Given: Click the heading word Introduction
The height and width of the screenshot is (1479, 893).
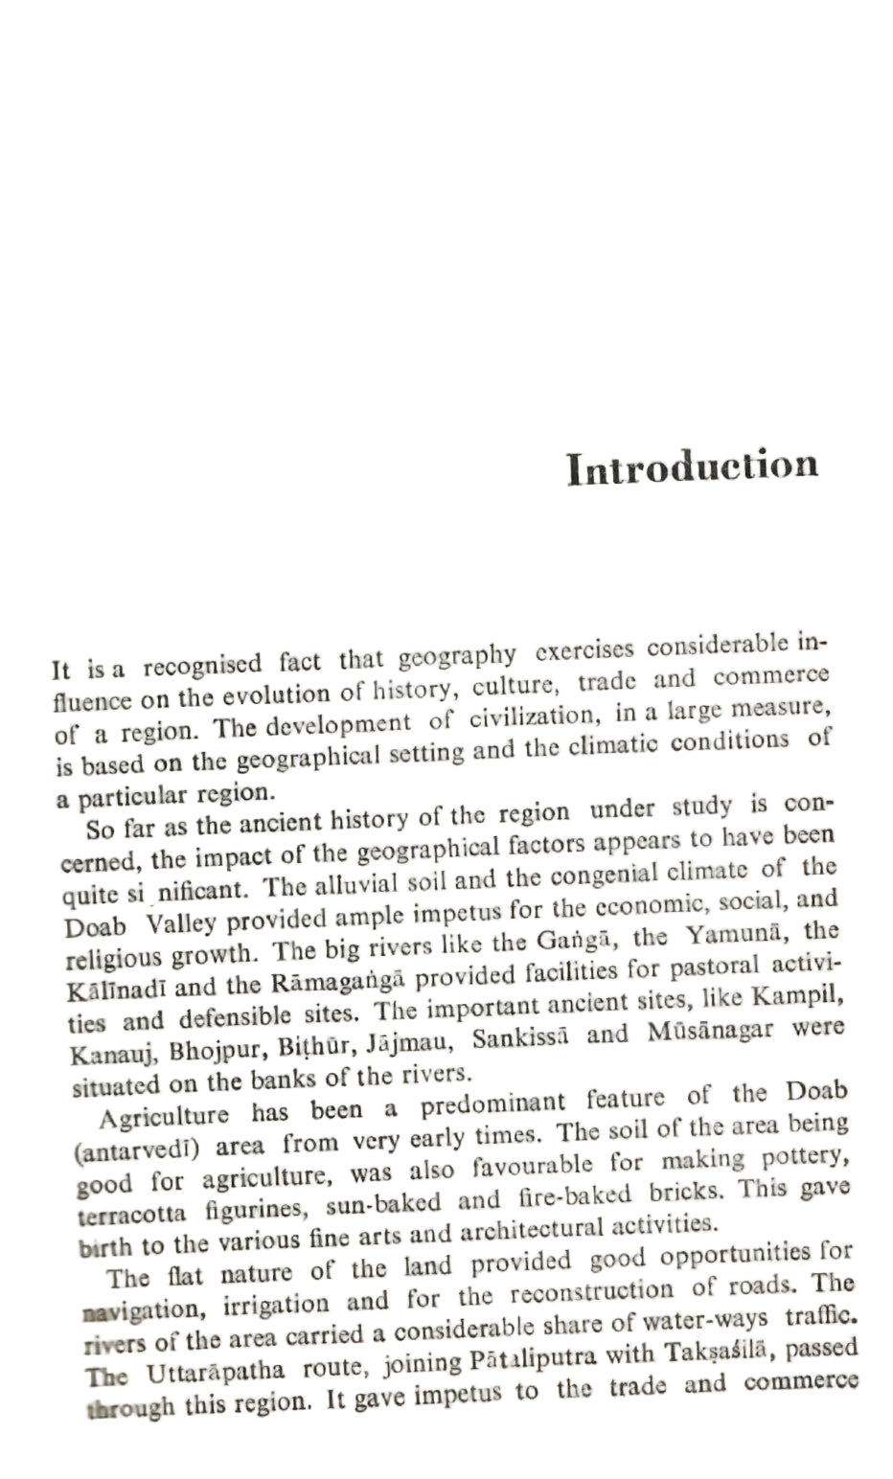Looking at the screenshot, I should pos(692,466).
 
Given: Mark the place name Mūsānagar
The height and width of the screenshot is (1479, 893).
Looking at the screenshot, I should pos(708,1033).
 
